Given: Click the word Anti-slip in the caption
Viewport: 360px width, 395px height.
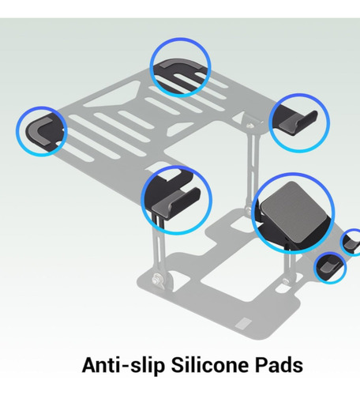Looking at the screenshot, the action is (123, 366).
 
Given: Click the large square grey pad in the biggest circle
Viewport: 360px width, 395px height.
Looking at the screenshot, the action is (294, 209).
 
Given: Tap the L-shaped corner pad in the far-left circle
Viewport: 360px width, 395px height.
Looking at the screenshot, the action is (37, 132).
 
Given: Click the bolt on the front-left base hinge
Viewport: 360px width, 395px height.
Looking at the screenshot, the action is (158, 279).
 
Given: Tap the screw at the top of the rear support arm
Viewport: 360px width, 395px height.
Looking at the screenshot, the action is (251, 126).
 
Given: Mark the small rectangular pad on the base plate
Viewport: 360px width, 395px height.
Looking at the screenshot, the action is (243, 323).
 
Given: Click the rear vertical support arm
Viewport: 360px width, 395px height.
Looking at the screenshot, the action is (252, 168).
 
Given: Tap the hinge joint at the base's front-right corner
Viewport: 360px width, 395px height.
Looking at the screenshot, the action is (287, 280).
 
